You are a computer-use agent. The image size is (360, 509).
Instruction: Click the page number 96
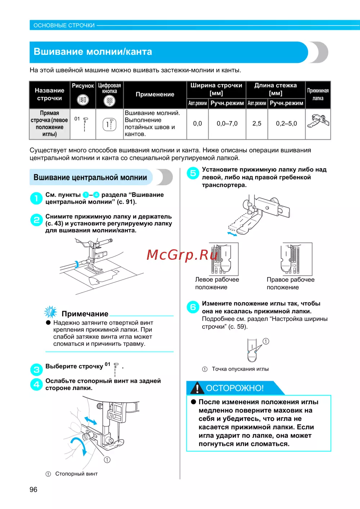point(33,490)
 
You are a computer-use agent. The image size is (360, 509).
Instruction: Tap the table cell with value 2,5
point(257,124)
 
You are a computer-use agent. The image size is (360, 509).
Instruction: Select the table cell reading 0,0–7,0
point(227,124)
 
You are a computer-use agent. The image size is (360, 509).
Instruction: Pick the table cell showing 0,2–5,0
point(286,124)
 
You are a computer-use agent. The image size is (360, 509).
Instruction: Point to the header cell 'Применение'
point(155,94)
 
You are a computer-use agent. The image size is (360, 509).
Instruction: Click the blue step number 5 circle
point(193,173)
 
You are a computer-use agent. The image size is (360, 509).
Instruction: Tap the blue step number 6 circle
point(193,307)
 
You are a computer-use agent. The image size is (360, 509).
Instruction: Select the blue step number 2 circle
point(36,220)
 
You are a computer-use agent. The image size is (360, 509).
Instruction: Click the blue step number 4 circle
point(36,384)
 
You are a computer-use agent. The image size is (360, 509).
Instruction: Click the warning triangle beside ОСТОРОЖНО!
point(197,388)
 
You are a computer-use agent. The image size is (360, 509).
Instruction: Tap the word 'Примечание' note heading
point(85,314)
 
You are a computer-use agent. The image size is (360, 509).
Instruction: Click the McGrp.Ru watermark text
point(182,255)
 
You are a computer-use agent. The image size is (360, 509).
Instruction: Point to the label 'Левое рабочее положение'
point(217,283)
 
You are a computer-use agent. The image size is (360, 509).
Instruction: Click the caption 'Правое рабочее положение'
point(290,283)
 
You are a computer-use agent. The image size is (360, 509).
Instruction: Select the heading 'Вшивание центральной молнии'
point(90,177)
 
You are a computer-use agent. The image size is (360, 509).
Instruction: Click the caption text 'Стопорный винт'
point(76,474)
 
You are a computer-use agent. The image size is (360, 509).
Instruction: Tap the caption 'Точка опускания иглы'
point(240,369)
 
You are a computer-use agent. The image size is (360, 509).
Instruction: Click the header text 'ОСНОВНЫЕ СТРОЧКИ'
point(64,26)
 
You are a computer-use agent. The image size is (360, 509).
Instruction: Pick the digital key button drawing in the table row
point(109,124)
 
